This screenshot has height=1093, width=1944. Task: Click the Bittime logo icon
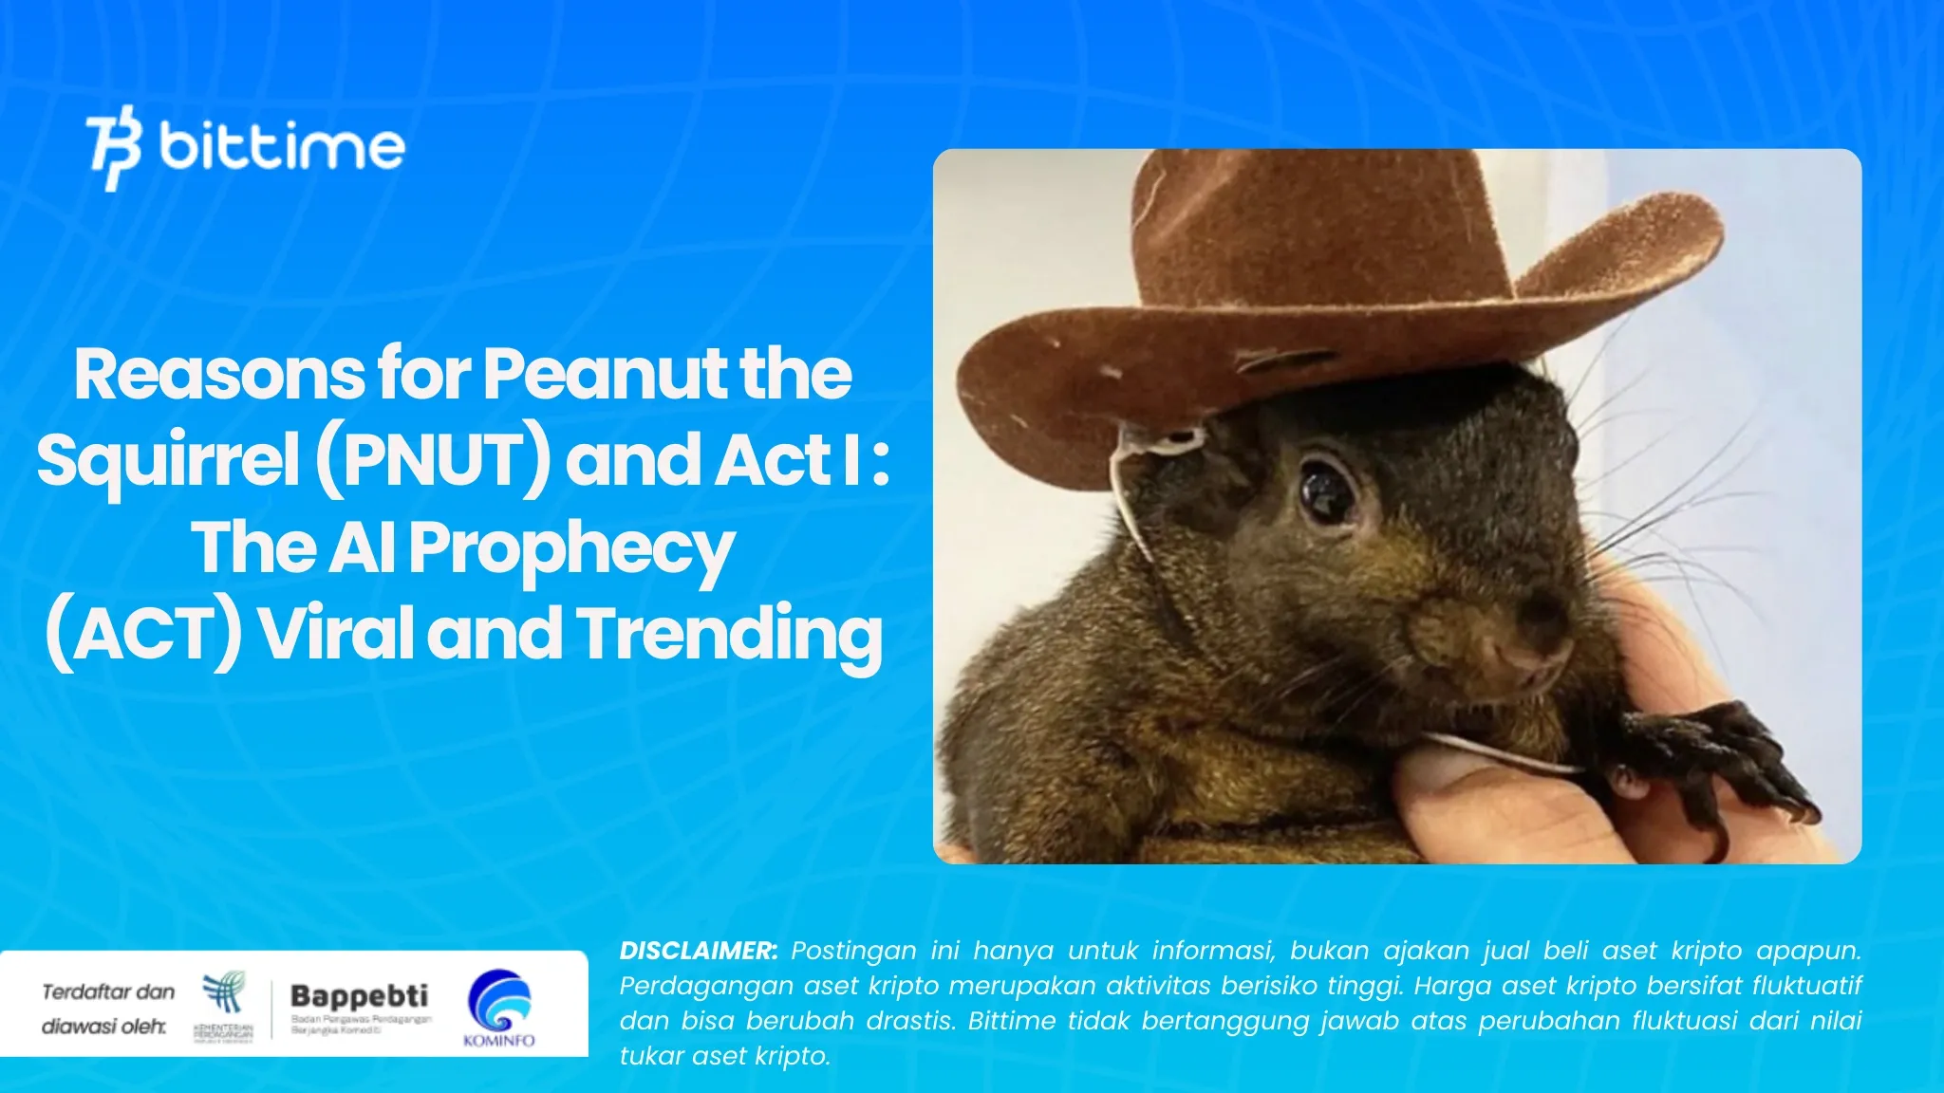pos(114,147)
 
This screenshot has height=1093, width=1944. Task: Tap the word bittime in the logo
pos(282,147)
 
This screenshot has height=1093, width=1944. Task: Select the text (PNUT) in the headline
pos(433,460)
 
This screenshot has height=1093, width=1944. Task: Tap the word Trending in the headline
pos(730,635)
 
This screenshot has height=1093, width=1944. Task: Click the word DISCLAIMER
pos(699,951)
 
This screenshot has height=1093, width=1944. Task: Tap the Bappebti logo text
pos(359,996)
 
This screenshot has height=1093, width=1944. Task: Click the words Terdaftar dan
pos(108,992)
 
